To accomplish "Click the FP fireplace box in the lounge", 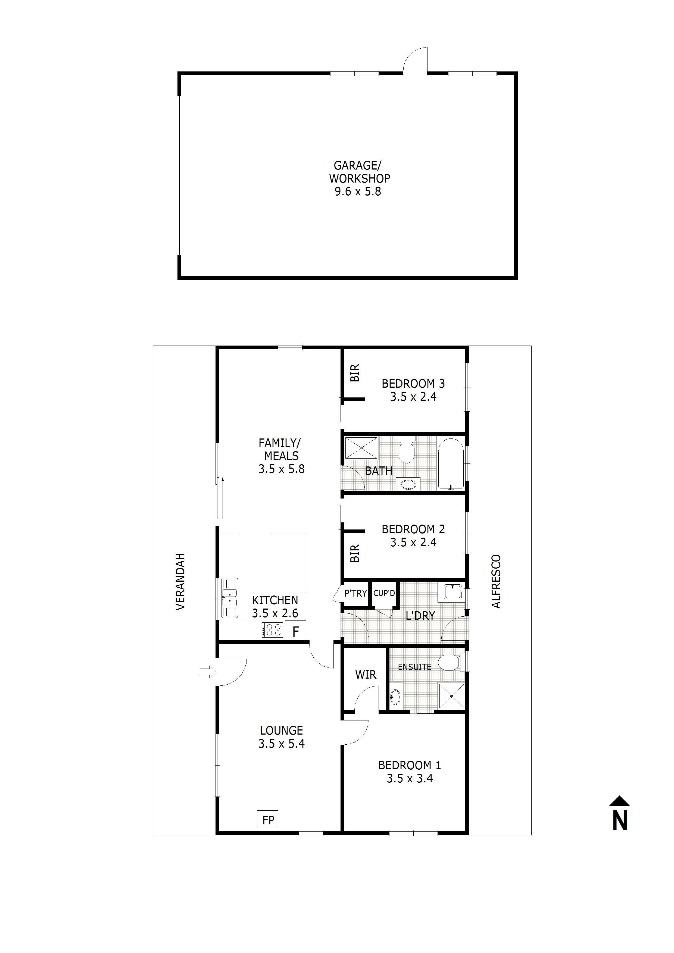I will click(x=268, y=819).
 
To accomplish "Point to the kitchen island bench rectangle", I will click(x=288, y=562).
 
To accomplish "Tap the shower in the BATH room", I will click(x=361, y=448).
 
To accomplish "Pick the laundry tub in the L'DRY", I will click(x=453, y=591).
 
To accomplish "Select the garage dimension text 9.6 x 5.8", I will click(x=358, y=191).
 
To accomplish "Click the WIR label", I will click(x=366, y=675).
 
